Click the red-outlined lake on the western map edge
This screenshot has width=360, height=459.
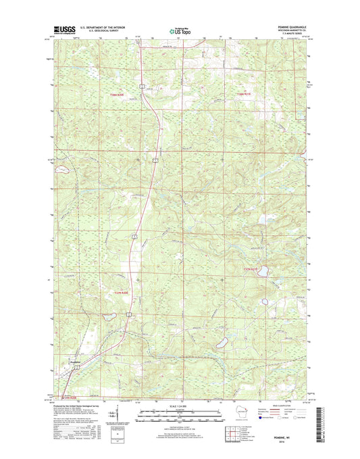coord(59,170)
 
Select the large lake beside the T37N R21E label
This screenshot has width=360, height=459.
coord(263,272)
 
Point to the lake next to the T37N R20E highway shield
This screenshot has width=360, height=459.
coord(107,316)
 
